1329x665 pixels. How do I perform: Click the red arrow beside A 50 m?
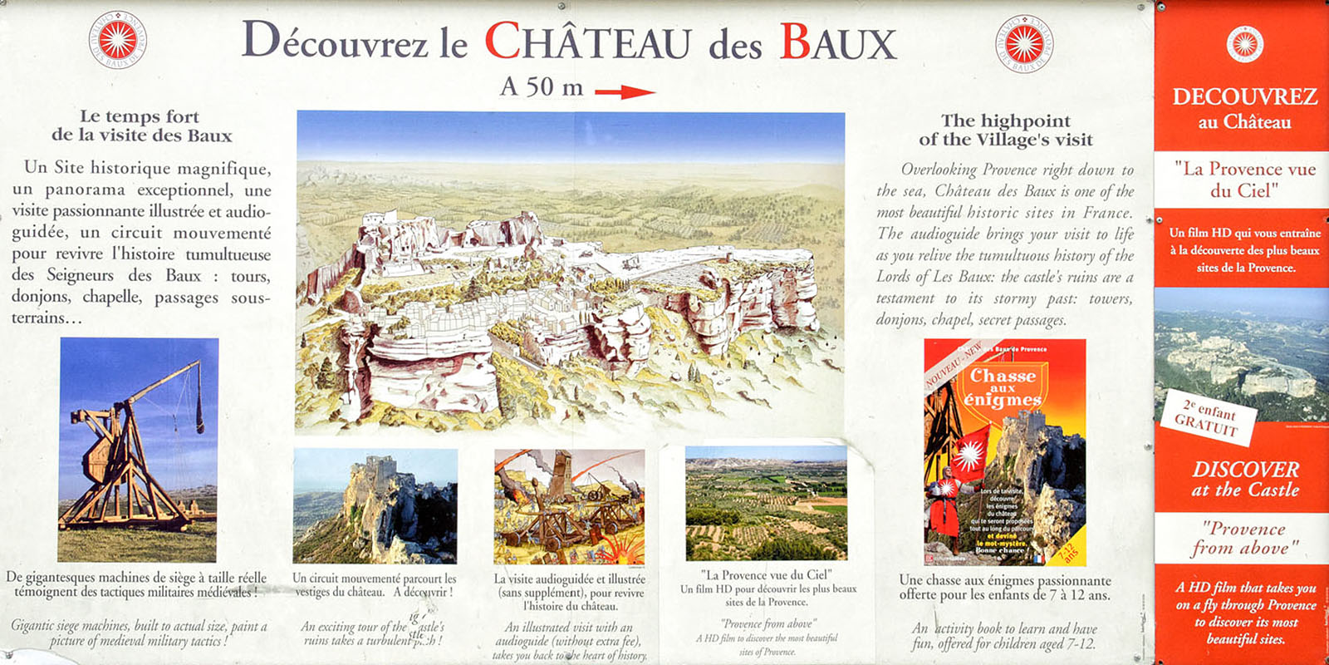625,92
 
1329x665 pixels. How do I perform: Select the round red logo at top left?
117,39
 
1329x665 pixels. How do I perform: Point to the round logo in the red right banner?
1244,44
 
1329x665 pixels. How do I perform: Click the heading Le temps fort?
140,116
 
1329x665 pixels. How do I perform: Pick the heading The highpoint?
1005,121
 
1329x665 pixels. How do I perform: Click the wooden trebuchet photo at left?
138,450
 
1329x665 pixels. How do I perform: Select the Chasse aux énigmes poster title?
1003,387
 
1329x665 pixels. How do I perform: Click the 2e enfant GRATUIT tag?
1209,415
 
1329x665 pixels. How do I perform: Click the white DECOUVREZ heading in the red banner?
1244,97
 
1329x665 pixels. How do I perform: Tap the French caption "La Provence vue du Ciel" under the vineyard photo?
767,574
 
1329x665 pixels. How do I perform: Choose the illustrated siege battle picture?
569,507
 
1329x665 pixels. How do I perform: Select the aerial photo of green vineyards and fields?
766,502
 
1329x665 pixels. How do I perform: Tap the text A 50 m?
542,87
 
